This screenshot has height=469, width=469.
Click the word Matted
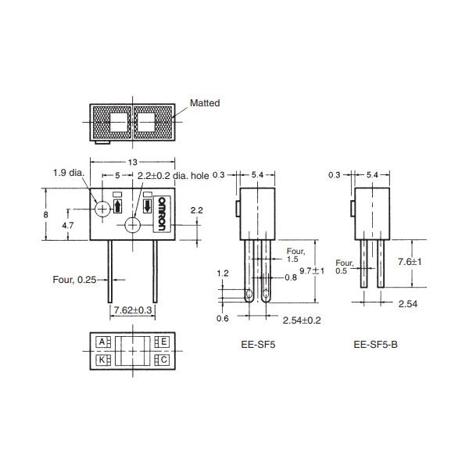pos(205,103)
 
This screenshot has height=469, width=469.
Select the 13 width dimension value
pos(133,162)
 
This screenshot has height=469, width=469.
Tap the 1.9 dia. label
pos(69,173)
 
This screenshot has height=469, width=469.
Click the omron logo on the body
pos(162,213)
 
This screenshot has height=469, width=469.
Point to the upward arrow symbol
pos(118,206)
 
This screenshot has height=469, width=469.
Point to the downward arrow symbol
pos(147,206)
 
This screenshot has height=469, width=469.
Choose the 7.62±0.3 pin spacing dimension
pos(133,310)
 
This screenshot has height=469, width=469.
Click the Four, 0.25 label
pos(74,280)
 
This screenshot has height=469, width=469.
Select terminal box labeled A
pos(102,342)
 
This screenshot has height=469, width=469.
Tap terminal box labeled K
pos(102,360)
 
